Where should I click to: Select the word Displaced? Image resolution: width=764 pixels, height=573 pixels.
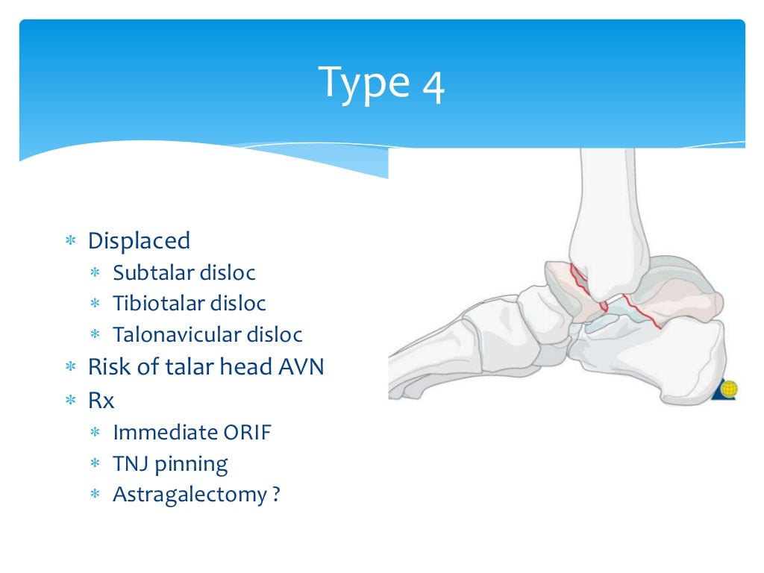point(139,241)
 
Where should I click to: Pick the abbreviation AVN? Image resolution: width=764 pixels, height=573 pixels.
point(299,367)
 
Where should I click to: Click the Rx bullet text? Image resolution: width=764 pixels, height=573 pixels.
point(101,401)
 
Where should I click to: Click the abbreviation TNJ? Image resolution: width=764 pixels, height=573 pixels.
point(131,464)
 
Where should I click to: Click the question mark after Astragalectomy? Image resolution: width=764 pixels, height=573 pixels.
point(275,495)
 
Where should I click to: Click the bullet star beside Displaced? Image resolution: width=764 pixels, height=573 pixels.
point(71,242)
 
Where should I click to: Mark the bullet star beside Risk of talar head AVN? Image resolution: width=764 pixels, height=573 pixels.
point(71,368)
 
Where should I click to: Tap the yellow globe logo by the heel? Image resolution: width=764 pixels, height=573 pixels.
point(728,389)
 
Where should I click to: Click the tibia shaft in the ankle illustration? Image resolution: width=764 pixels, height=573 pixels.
point(604,201)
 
